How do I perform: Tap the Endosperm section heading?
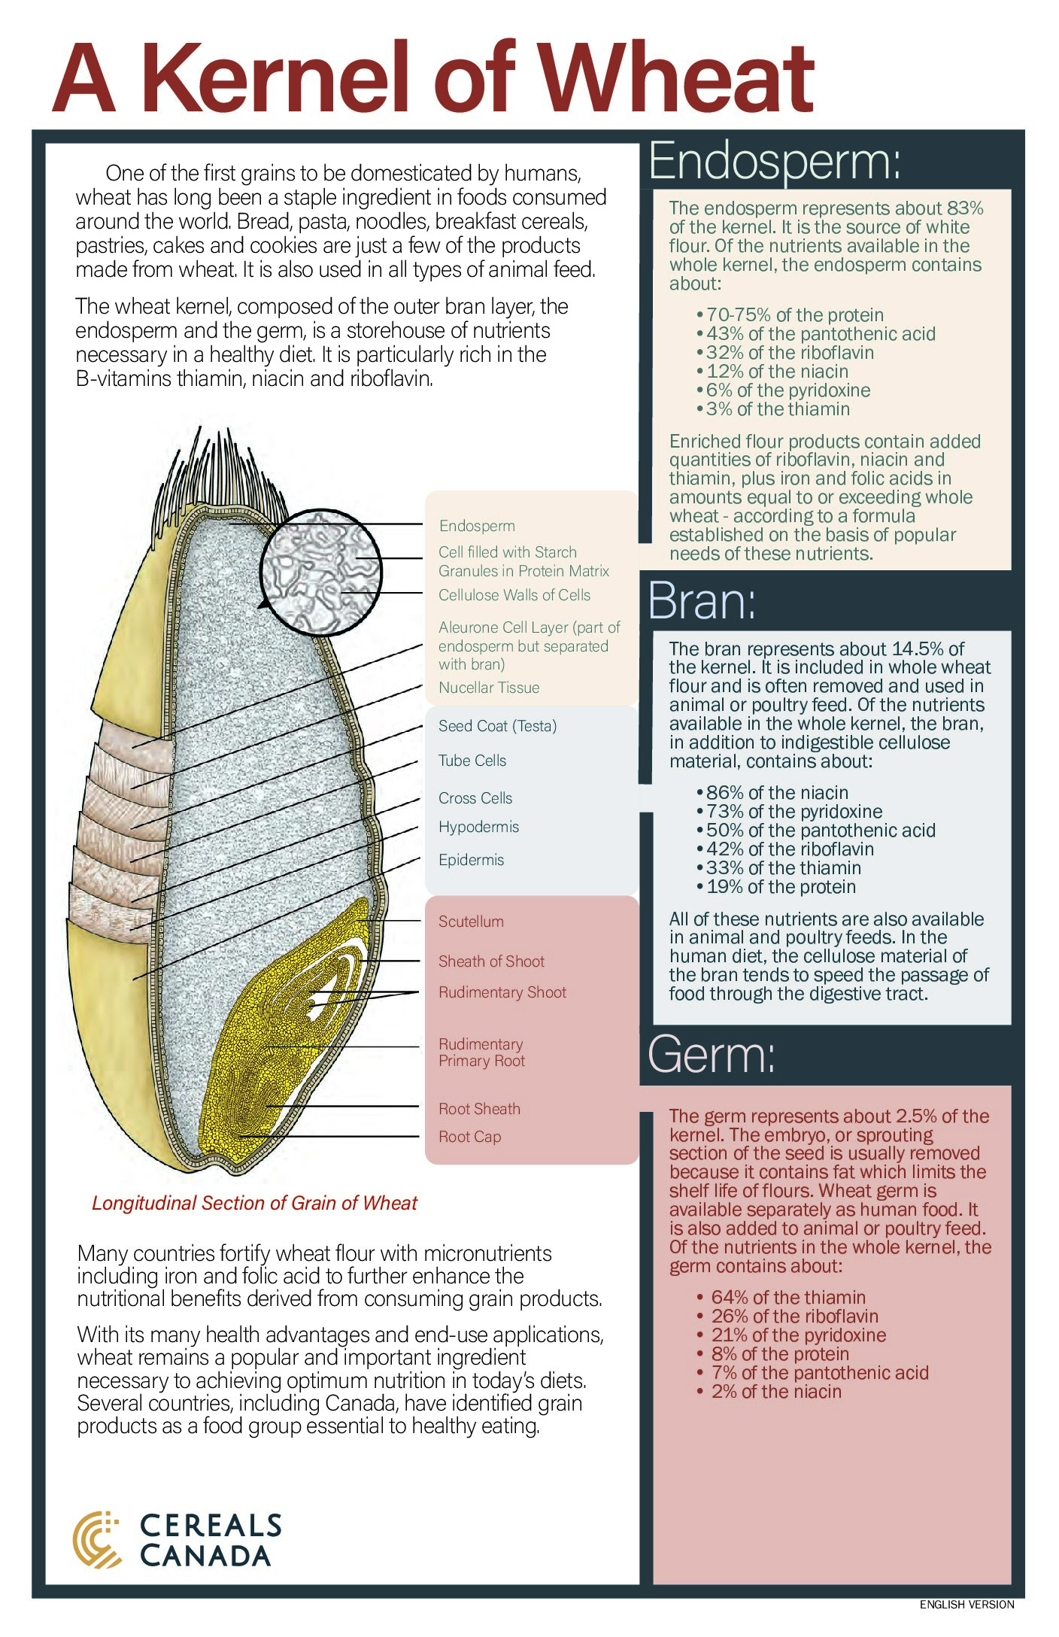pyautogui.click(x=774, y=161)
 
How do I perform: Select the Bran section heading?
pyautogui.click(x=701, y=601)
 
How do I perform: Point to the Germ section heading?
pyautogui.click(x=711, y=1055)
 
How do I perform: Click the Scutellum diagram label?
pyautogui.click(x=471, y=922)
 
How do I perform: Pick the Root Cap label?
pyautogui.click(x=469, y=1137)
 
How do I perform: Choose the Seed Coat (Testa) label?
pyautogui.click(x=497, y=726)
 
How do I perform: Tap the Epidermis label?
pyautogui.click(x=471, y=860)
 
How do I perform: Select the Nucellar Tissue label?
pyautogui.click(x=489, y=688)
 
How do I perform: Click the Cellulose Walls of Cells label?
pyautogui.click(x=514, y=595)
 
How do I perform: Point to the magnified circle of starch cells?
pyautogui.click(x=320, y=571)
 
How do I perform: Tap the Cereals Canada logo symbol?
pyautogui.click(x=96, y=1540)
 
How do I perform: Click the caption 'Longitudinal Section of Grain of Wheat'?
pyautogui.click(x=254, y=1203)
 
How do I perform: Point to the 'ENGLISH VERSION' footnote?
pyautogui.click(x=966, y=1605)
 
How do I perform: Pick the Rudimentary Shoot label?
pyautogui.click(x=502, y=992)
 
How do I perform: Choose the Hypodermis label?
pyautogui.click(x=478, y=827)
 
